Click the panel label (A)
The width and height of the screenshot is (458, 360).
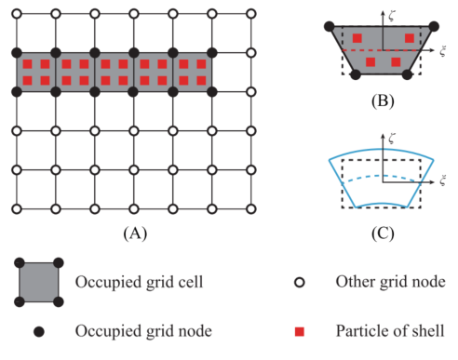(x=135, y=233)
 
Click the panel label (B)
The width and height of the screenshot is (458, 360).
(x=383, y=101)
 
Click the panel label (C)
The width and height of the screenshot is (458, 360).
(x=383, y=233)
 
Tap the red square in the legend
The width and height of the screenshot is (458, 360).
(x=300, y=331)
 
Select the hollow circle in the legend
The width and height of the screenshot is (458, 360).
(x=300, y=283)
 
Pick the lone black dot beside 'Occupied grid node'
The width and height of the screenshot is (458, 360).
(x=39, y=331)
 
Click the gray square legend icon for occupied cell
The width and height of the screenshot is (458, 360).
(x=39, y=282)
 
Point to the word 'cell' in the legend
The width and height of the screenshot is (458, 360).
(x=193, y=282)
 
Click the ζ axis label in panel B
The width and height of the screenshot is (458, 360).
(x=392, y=16)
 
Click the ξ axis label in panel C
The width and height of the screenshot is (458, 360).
(x=443, y=180)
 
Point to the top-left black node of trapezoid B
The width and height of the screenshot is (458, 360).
(x=330, y=27)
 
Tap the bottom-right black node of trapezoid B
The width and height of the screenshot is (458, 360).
(x=407, y=74)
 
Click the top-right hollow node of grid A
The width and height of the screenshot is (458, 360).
(x=251, y=14)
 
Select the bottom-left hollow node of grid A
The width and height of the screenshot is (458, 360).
(x=17, y=209)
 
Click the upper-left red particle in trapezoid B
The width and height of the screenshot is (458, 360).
(x=357, y=38)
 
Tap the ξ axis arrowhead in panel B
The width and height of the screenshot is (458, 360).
(x=432, y=50)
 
